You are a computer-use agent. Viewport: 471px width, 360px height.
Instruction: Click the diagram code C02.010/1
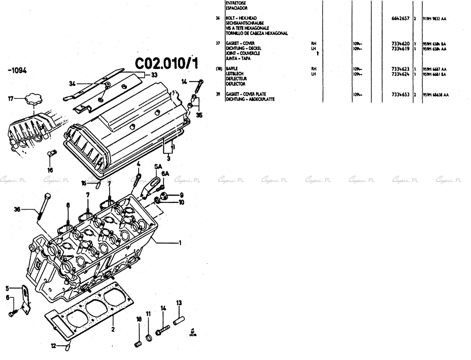click(166, 63)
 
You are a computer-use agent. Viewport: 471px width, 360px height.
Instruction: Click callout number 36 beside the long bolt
click(17, 209)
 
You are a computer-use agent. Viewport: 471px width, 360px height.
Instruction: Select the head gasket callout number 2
click(113, 329)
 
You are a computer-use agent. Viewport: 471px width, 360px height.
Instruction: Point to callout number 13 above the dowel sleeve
click(179, 302)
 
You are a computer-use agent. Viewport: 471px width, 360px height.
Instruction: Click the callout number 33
click(154, 75)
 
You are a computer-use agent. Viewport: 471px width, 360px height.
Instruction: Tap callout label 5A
click(158, 166)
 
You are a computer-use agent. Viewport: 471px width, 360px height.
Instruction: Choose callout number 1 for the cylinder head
click(180, 242)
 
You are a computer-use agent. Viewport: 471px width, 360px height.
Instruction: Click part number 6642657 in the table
click(401, 19)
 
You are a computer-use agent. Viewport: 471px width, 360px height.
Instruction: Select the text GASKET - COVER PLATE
click(246, 94)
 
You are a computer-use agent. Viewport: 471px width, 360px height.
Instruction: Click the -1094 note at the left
click(17, 70)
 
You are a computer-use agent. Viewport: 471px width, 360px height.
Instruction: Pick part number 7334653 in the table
click(401, 94)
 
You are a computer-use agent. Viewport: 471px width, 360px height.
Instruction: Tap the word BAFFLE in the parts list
click(232, 69)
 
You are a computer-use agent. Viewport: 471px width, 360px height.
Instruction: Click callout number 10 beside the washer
click(181, 202)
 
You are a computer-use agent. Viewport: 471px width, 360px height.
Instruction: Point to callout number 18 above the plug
click(139, 319)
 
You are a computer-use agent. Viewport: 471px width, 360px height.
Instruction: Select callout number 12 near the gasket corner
click(53, 346)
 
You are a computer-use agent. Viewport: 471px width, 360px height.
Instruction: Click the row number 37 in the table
click(218, 44)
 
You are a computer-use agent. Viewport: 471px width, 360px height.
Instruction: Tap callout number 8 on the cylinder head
click(68, 205)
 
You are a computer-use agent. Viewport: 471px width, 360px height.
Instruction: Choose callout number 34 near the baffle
click(72, 83)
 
